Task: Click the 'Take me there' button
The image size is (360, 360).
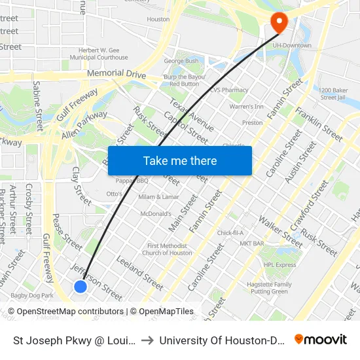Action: pyautogui.click(x=180, y=161)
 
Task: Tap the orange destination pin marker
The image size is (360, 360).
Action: pyautogui.click(x=279, y=23)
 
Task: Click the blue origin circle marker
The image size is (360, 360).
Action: pyautogui.click(x=81, y=287)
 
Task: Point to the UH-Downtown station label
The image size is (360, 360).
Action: pyautogui.click(x=292, y=45)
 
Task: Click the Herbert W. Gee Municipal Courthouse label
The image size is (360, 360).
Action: pyautogui.click(x=103, y=54)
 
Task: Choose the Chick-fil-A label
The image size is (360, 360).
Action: pyautogui.click(x=230, y=233)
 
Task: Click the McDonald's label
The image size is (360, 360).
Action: pyautogui.click(x=156, y=213)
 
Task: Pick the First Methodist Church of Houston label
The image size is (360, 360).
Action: pyautogui.click(x=167, y=249)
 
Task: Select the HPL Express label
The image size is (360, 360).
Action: pyautogui.click(x=280, y=265)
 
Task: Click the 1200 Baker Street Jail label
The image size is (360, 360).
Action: pyautogui.click(x=336, y=94)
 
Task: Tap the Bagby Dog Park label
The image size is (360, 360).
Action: pyautogui.click(x=32, y=296)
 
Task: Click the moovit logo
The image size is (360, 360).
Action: pyautogui.click(x=321, y=339)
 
